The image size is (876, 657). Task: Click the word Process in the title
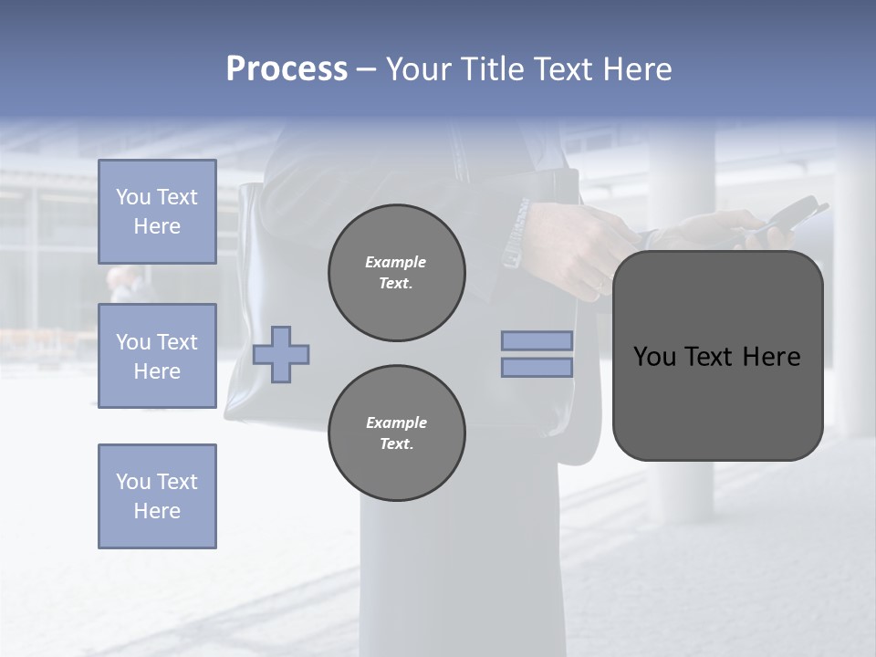(x=287, y=69)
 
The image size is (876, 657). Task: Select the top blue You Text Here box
(x=157, y=212)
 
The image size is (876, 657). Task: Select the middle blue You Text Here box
(x=157, y=356)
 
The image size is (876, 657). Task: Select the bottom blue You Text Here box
(x=157, y=495)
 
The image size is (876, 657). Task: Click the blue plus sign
(x=281, y=354)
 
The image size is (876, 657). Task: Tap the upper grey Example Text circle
(x=397, y=273)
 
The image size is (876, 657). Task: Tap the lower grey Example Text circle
(x=397, y=433)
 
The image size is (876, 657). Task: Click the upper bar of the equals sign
(x=537, y=340)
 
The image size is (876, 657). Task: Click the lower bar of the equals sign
(x=537, y=367)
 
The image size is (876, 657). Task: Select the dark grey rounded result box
(x=717, y=401)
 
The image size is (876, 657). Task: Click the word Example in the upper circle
(x=395, y=262)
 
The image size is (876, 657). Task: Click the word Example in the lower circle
(x=396, y=422)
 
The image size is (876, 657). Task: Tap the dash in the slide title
(x=367, y=69)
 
